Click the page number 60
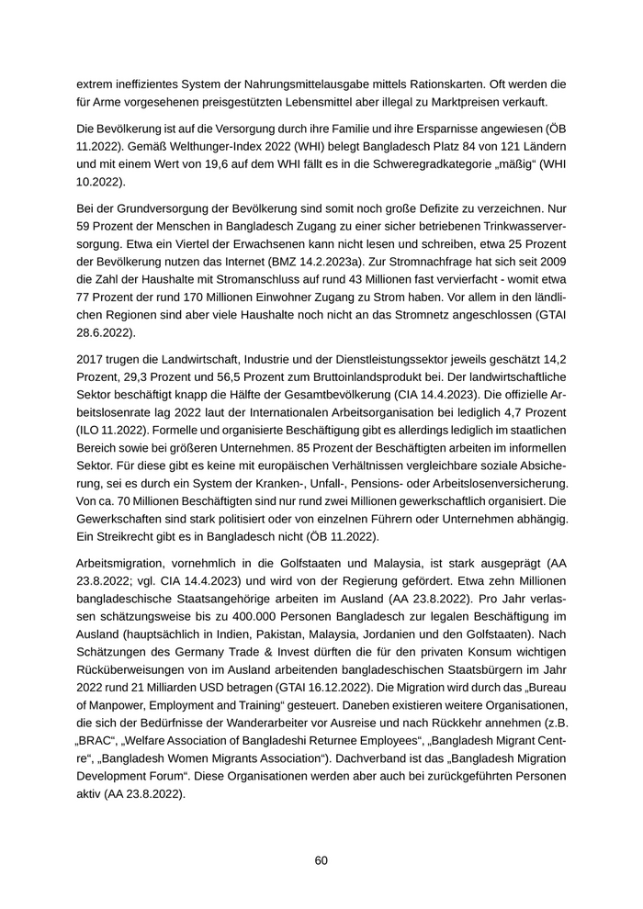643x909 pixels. (321, 860)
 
